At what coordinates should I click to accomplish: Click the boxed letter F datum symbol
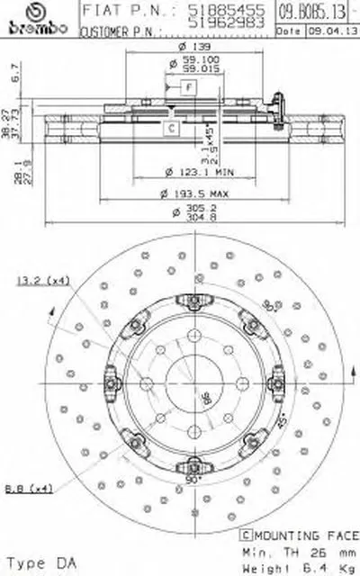coord(188,87)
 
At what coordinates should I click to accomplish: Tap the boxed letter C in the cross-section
coord(168,128)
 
